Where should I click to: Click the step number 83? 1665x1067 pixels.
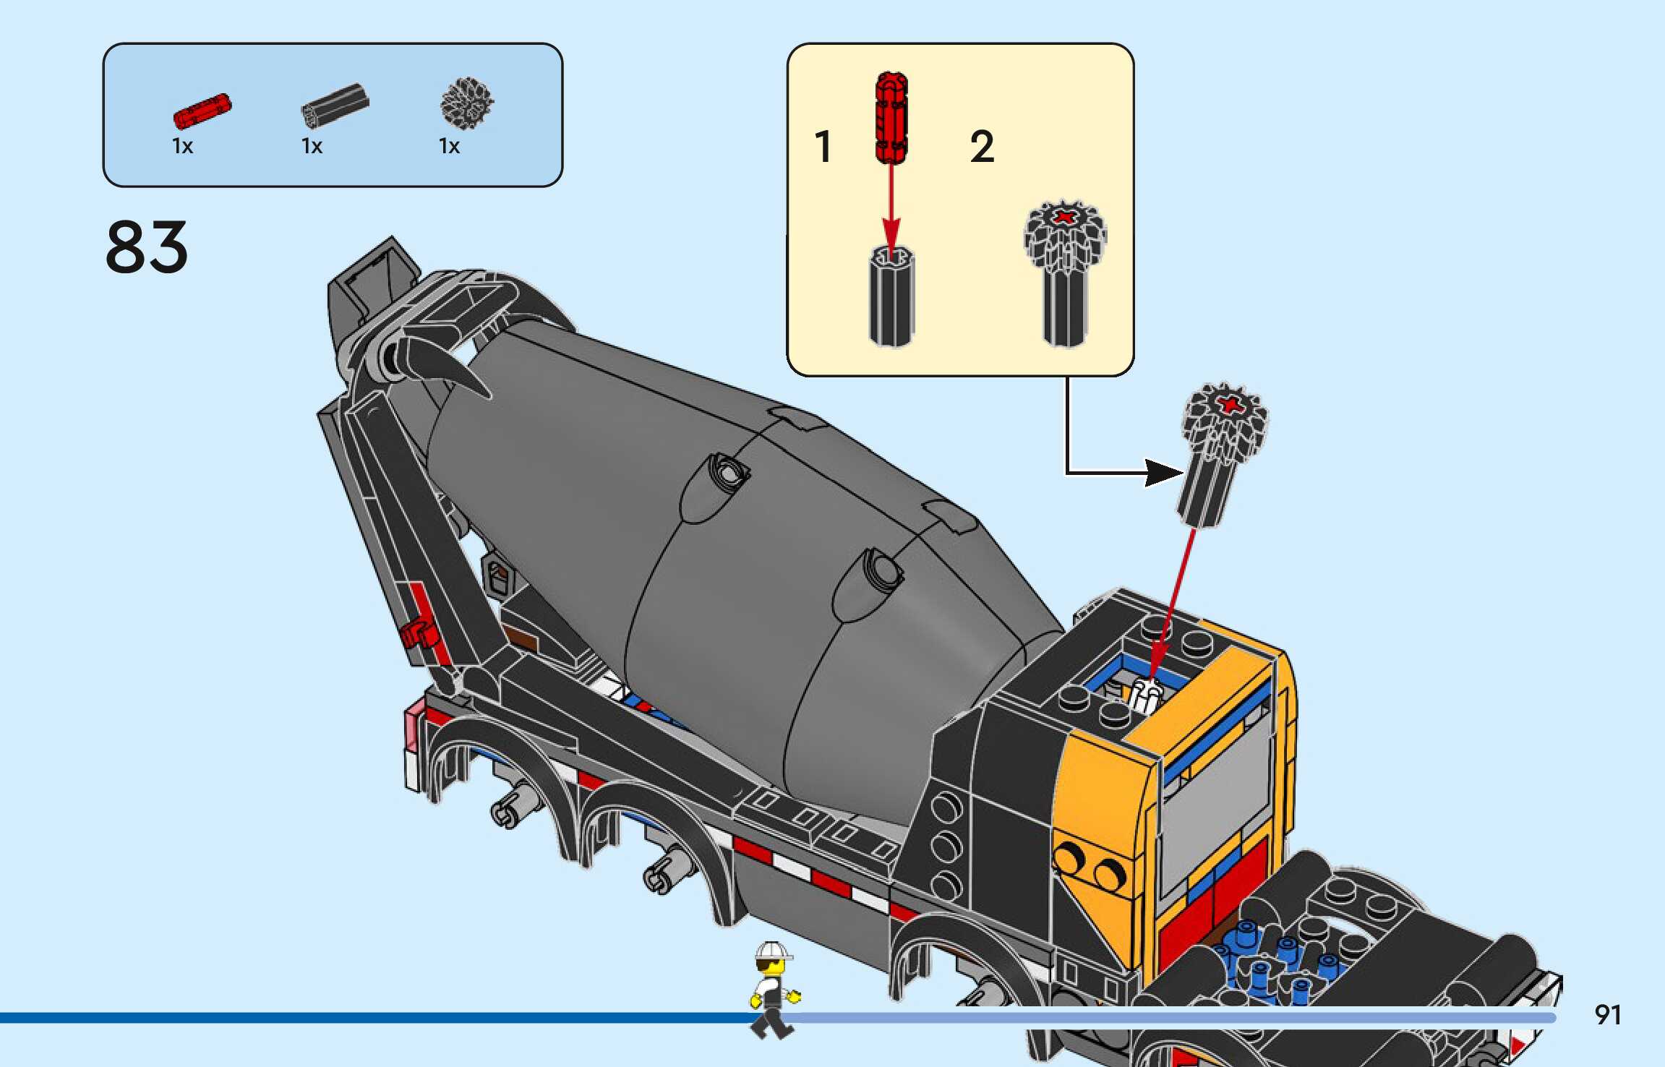pyautogui.click(x=147, y=247)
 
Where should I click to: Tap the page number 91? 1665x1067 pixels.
pyautogui.click(x=1607, y=1015)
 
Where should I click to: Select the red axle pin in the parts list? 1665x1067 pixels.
pyautogui.click(x=202, y=111)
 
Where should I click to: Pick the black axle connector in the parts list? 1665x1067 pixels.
pyautogui.click(x=335, y=106)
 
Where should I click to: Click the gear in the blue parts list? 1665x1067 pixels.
pyautogui.click(x=467, y=103)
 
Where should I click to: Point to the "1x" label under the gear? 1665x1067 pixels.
pyautogui.click(x=449, y=147)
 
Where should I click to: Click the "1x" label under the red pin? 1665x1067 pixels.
pyautogui.click(x=182, y=147)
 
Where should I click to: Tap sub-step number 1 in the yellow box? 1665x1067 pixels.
pyautogui.click(x=823, y=147)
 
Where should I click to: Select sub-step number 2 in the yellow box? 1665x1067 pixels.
pyautogui.click(x=982, y=147)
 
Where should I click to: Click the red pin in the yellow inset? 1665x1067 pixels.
pyautogui.click(x=891, y=117)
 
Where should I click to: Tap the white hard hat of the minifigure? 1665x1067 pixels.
pyautogui.click(x=772, y=951)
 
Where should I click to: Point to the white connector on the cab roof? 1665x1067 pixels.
pyautogui.click(x=1144, y=695)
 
